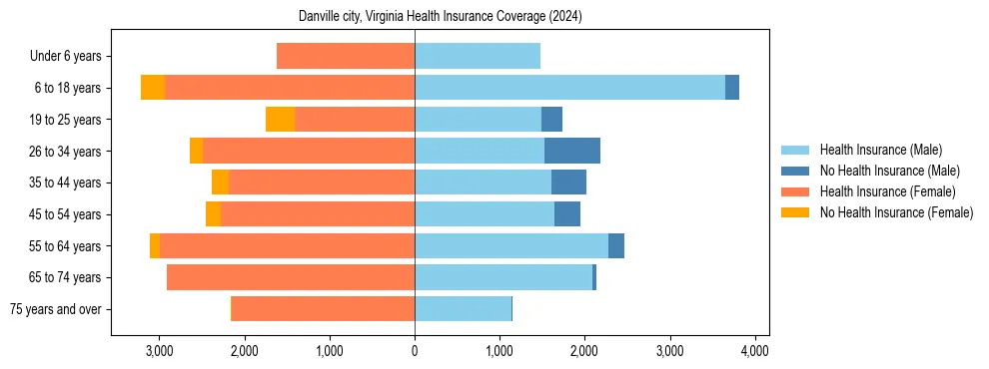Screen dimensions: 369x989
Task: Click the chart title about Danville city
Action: click(441, 17)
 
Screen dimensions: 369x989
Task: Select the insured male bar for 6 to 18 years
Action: click(569, 88)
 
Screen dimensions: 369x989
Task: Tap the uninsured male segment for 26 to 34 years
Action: click(572, 151)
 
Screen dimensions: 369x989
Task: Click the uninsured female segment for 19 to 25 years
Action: click(280, 120)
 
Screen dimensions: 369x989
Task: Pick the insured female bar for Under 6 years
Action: click(346, 56)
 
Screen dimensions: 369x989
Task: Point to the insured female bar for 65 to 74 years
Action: click(291, 277)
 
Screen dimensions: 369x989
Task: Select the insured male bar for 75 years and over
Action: click(463, 309)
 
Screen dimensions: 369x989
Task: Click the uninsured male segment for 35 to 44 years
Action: click(568, 183)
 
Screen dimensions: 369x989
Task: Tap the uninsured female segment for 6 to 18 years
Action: click(153, 88)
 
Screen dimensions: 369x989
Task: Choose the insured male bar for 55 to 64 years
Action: click(511, 245)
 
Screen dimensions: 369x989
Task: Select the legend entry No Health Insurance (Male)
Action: click(889, 171)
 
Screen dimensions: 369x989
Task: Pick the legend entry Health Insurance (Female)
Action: click(887, 191)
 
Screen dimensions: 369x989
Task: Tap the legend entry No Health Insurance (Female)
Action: click(896, 212)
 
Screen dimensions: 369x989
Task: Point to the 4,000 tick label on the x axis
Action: click(755, 351)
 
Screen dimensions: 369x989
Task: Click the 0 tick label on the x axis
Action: click(415, 351)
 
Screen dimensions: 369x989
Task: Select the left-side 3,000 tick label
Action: click(160, 351)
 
